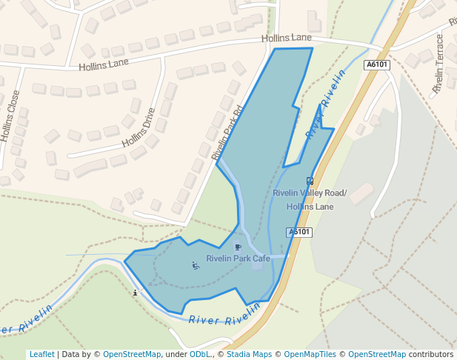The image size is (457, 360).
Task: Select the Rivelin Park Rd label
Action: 227,133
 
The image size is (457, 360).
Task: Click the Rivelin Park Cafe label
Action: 238,259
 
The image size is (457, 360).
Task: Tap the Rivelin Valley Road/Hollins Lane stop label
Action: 309,200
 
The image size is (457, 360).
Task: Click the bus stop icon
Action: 310,180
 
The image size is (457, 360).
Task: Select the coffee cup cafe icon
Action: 238,247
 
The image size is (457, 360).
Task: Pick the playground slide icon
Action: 196,266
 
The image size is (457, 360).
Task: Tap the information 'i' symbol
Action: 134,293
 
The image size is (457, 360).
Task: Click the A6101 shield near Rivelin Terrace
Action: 377,65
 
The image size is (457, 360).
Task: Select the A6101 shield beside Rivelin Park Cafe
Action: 299,232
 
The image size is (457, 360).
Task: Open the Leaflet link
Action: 41,354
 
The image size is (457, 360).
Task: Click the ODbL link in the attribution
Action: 199,354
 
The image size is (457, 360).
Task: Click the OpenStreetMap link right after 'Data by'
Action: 131,354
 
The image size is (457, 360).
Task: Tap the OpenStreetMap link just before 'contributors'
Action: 376,354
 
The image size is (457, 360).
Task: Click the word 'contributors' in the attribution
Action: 431,354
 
